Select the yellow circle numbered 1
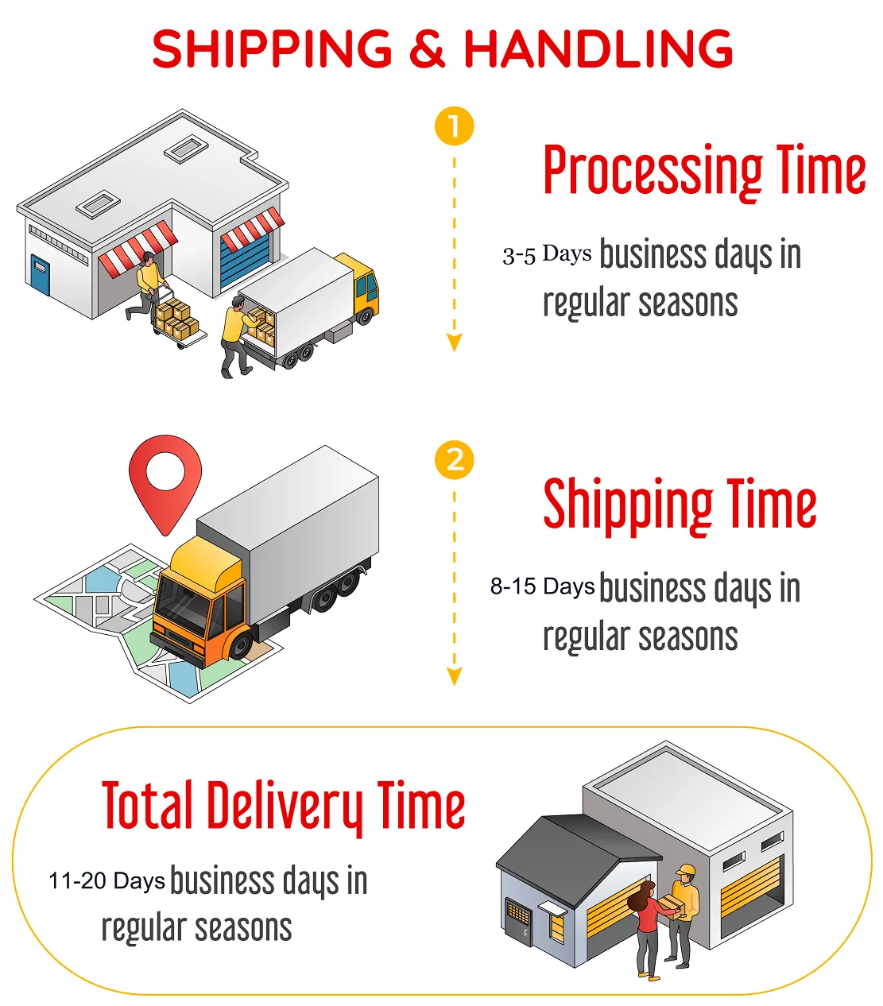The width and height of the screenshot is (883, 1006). pyautogui.click(x=455, y=127)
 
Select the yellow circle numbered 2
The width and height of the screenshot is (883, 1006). pyautogui.click(x=455, y=460)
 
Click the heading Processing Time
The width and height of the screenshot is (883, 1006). pyautogui.click(x=704, y=171)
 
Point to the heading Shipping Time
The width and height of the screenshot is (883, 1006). pyautogui.click(x=680, y=505)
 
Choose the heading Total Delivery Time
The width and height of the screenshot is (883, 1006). pyautogui.click(x=283, y=806)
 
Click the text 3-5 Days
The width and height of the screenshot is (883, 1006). pyautogui.click(x=547, y=255)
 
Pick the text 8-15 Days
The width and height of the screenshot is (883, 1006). pyautogui.click(x=542, y=587)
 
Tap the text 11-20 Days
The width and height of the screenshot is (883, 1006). pyautogui.click(x=107, y=880)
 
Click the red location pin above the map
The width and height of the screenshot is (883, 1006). pyautogui.click(x=165, y=477)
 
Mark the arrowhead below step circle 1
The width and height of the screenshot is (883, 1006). pyautogui.click(x=455, y=342)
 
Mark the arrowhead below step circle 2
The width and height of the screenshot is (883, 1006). pyautogui.click(x=455, y=676)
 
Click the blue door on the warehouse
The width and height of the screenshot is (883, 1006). pyautogui.click(x=39, y=273)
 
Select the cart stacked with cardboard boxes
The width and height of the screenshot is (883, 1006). pyautogui.click(x=176, y=319)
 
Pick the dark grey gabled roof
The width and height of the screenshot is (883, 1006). pyautogui.click(x=576, y=854)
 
